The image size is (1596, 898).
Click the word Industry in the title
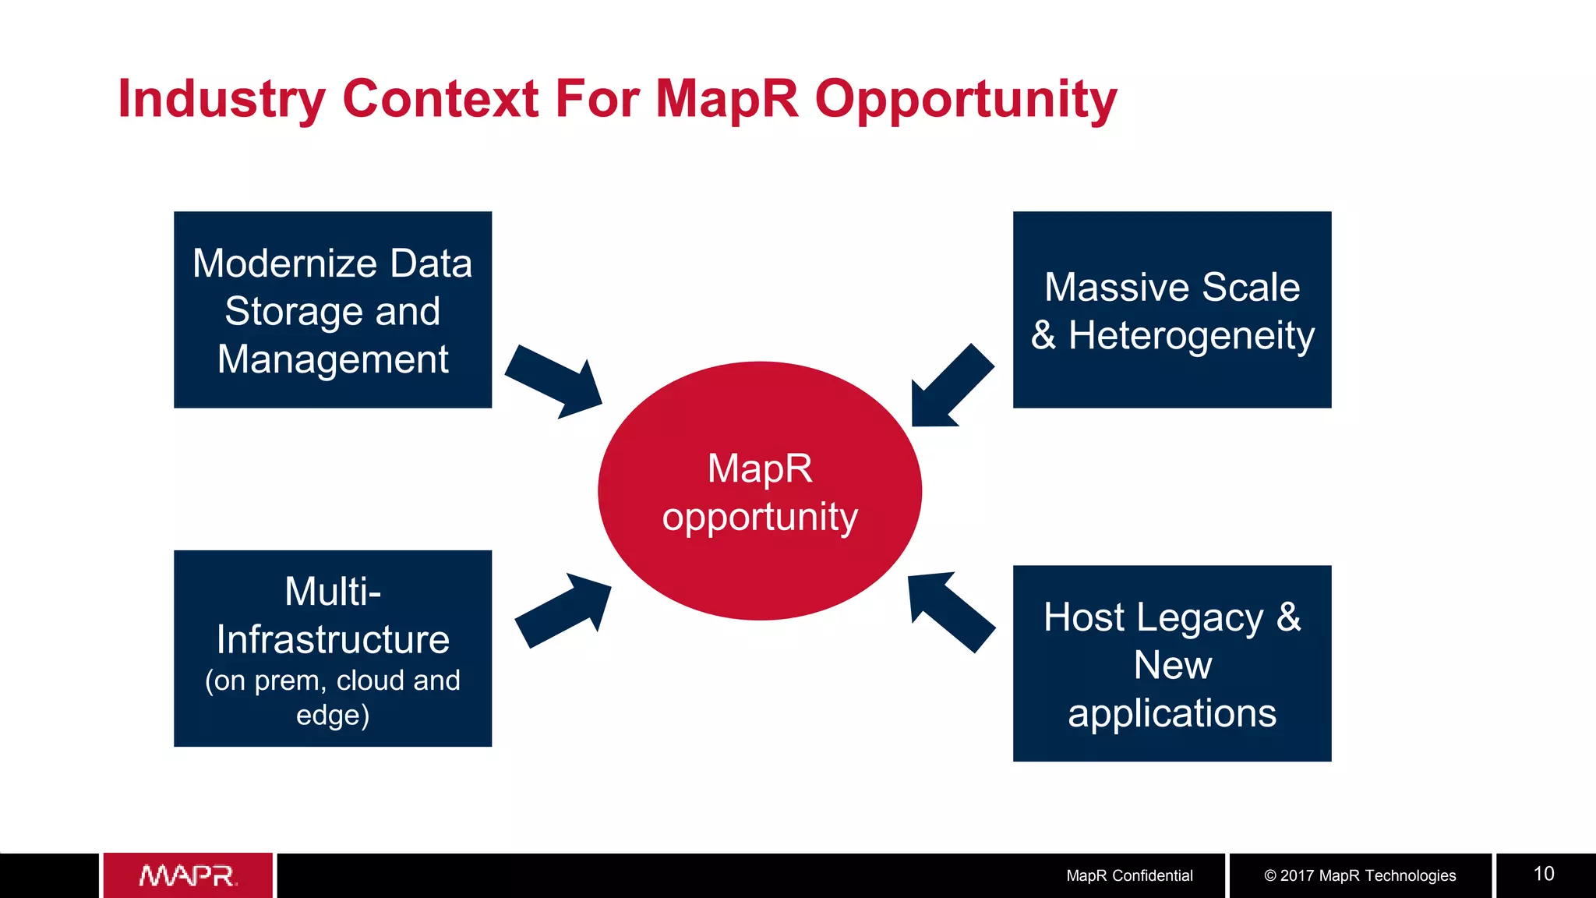(x=221, y=99)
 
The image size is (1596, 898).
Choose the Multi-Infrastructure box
(x=333, y=649)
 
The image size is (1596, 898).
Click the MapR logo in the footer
(x=188, y=875)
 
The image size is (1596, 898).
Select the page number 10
(x=1544, y=874)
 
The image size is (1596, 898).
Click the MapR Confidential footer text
(x=1129, y=875)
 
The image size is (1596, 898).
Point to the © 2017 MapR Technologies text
(x=1360, y=875)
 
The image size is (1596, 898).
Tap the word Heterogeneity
(x=1191, y=336)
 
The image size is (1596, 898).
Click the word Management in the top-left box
(x=333, y=359)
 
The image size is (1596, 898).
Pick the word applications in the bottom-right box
(x=1172, y=712)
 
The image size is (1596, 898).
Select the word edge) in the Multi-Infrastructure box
(x=333, y=715)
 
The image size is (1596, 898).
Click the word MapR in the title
(x=726, y=99)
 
